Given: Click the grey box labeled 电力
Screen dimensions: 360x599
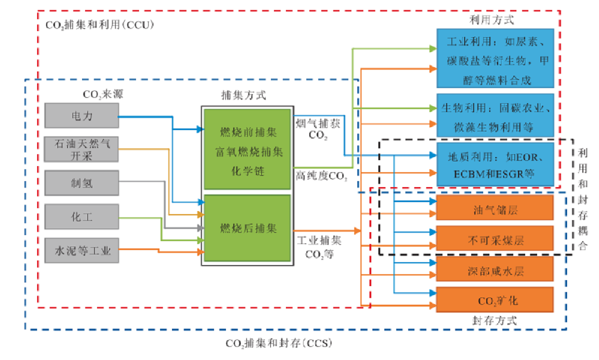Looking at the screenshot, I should (80, 115).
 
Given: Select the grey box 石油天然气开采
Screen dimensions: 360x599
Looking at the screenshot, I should (80, 149).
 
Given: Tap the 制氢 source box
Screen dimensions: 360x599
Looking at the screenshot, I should (80, 183).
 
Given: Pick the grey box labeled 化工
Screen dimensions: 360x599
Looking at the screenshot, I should (80, 217).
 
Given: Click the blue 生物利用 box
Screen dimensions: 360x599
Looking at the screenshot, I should (493, 116).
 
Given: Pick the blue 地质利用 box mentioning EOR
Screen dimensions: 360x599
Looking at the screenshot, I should (493, 166).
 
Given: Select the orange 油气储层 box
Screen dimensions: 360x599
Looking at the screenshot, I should (493, 211).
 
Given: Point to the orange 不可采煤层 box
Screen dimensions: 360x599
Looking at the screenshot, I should (493, 240).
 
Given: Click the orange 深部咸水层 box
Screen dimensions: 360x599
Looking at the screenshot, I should (493, 270).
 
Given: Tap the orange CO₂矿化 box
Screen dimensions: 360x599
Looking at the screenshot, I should (493, 300).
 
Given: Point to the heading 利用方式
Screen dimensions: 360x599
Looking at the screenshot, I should (492, 20).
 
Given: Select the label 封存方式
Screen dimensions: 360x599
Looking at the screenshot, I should (494, 320).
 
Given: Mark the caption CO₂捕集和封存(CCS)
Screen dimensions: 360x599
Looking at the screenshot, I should (278, 343).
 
